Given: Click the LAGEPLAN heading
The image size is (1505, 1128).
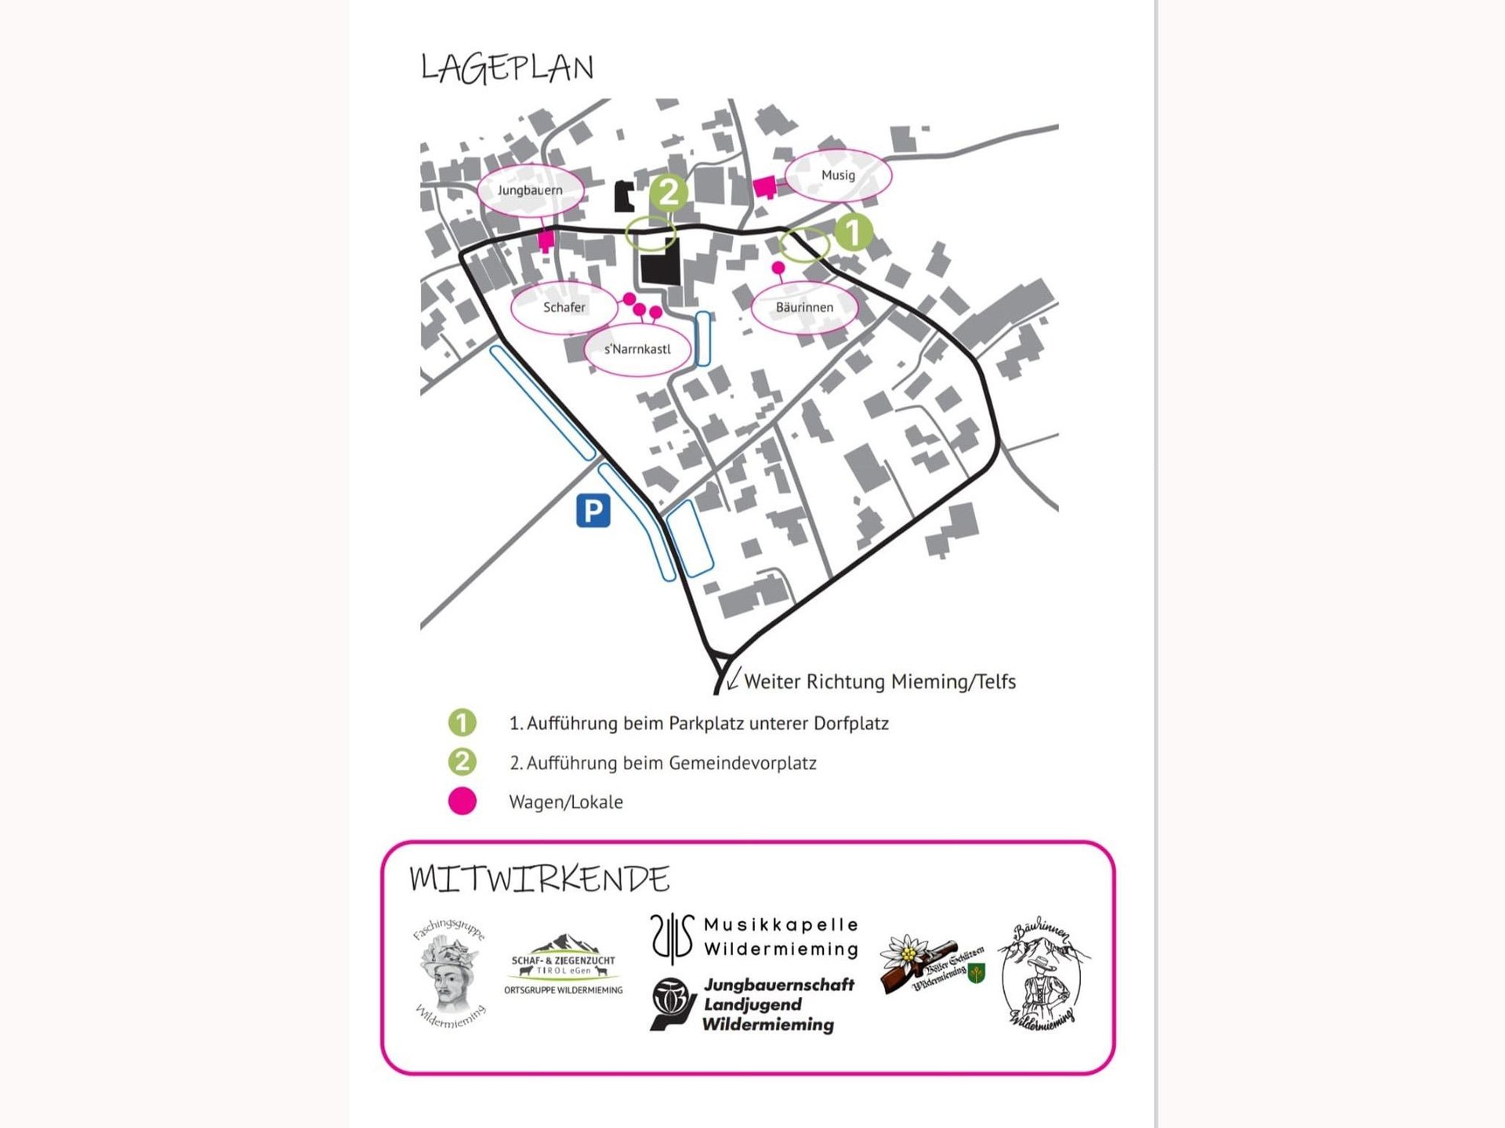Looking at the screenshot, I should click(x=507, y=68).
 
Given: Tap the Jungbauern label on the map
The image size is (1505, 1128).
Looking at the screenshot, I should click(x=530, y=190).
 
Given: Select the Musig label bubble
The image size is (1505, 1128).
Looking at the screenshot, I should click(x=838, y=175).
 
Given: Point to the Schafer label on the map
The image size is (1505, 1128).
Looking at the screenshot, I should click(x=564, y=307).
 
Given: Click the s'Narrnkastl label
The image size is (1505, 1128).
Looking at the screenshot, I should click(x=637, y=349).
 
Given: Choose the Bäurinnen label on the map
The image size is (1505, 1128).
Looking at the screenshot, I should click(x=804, y=307).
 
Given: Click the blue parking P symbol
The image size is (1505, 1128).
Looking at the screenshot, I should click(x=593, y=511).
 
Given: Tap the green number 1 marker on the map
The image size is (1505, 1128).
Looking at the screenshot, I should click(x=853, y=231).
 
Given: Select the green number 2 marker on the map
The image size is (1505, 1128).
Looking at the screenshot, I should click(x=669, y=192).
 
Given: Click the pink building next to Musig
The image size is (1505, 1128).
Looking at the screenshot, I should click(x=765, y=186).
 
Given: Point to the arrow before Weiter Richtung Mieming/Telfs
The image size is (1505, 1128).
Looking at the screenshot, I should click(x=733, y=678).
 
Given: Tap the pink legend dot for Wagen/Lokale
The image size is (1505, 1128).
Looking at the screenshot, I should click(x=462, y=801).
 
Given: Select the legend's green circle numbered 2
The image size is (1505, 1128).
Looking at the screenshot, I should click(x=462, y=761).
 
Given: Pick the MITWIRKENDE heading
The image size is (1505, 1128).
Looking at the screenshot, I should click(x=539, y=879).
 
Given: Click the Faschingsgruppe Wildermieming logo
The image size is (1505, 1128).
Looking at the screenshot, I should click(x=450, y=974).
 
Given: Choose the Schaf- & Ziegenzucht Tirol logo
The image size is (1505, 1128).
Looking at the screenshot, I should click(x=563, y=966).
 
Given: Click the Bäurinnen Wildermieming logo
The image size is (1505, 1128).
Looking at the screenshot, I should click(x=1043, y=973).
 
